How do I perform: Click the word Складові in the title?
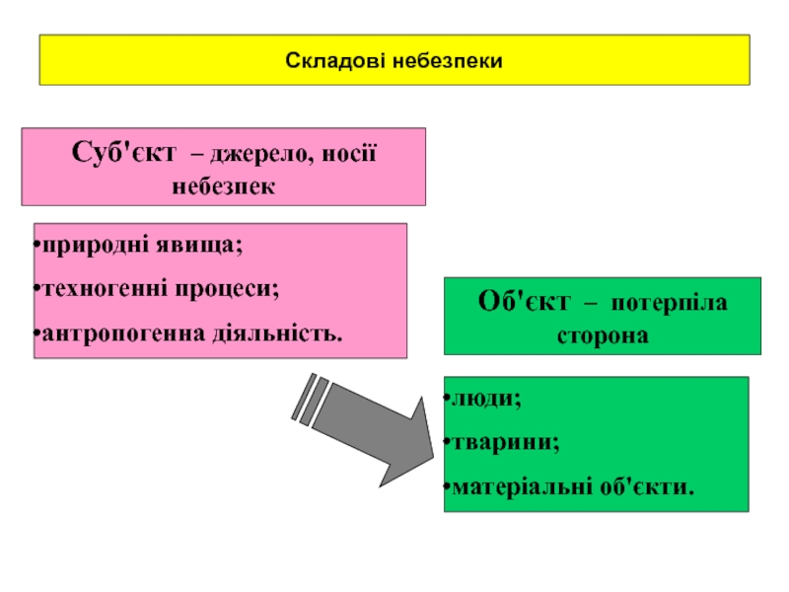click(x=335, y=61)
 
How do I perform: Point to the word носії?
click(x=352, y=154)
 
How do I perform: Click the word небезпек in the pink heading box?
click(x=224, y=185)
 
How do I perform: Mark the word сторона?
click(x=603, y=334)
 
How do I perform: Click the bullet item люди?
click(x=483, y=399)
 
